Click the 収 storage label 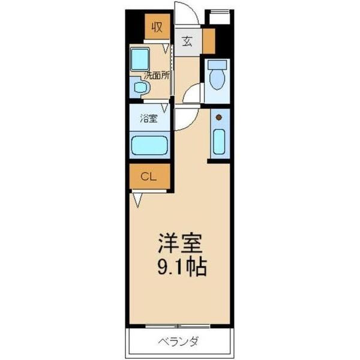[157, 27]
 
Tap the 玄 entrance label [187, 42]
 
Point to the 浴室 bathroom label [149, 119]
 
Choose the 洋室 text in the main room [180, 243]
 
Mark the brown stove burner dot [219, 117]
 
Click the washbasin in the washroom [140, 88]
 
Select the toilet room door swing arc [193, 95]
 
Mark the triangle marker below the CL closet [137, 199]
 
